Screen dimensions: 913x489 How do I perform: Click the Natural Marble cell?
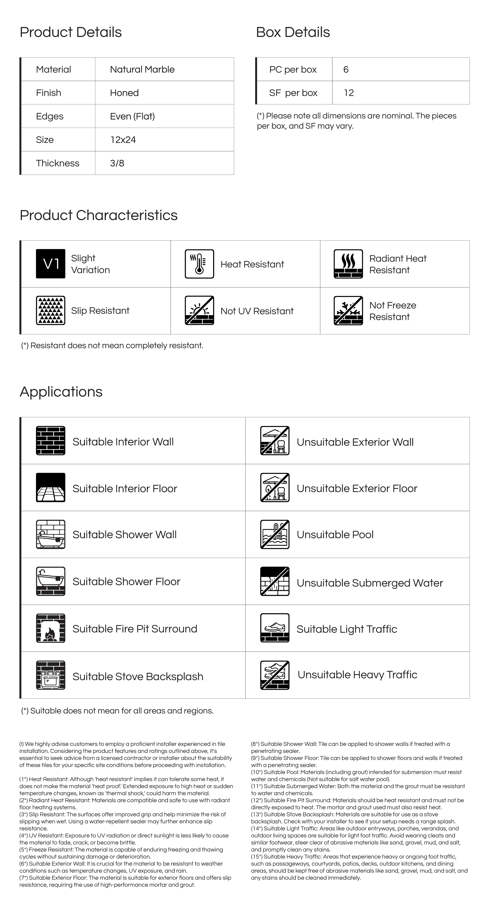pos(142,69)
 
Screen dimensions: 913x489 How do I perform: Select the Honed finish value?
pos(124,93)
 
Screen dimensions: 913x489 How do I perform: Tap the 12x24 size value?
pos(123,140)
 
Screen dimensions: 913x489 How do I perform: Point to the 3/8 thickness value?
pos(117,163)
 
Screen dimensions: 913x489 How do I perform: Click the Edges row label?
pos(50,116)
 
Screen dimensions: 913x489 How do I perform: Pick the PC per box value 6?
pos(346,69)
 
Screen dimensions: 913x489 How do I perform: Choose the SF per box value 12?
pos(349,93)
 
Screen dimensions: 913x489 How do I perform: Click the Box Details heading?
pos(293,32)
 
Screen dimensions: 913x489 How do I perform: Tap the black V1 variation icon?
pos(51,264)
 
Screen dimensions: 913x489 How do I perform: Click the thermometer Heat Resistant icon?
pos(200,264)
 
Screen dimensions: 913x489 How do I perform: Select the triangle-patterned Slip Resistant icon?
pos(51,310)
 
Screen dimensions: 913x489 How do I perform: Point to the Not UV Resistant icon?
pos(200,310)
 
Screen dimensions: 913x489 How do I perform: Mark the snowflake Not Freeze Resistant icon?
pos(348,310)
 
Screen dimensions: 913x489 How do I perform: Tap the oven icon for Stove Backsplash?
pos(51,675)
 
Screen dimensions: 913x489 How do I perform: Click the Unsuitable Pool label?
pos(335,534)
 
